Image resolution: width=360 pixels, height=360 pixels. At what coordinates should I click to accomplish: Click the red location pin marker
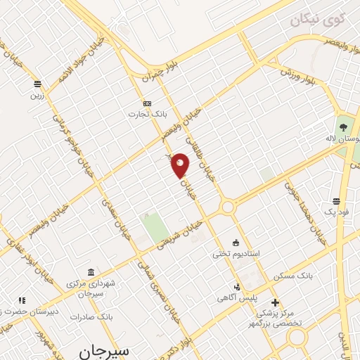point(181,165)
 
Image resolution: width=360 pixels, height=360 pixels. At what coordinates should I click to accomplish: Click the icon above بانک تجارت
point(147,103)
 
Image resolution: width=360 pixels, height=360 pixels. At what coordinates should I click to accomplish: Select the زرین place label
point(37,94)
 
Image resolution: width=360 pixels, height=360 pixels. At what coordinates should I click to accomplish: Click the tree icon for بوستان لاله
point(343,127)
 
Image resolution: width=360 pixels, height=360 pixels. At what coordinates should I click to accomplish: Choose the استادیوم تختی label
point(237,253)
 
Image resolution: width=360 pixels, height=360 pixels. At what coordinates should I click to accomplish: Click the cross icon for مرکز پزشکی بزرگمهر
point(275,302)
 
